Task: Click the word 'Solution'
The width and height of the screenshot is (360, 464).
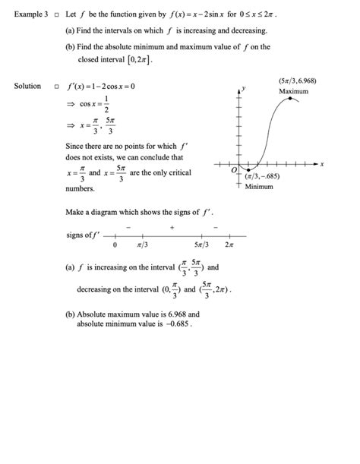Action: click(x=27, y=86)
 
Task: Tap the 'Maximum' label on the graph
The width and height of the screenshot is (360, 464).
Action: click(x=294, y=91)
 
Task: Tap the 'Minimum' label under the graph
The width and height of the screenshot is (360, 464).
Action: click(x=260, y=187)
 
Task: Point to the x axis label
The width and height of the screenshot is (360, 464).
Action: click(x=322, y=164)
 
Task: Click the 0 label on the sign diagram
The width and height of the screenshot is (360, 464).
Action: click(x=115, y=245)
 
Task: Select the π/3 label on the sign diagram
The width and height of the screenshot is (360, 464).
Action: click(x=142, y=245)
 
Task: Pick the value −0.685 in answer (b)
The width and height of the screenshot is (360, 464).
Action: click(x=174, y=324)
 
